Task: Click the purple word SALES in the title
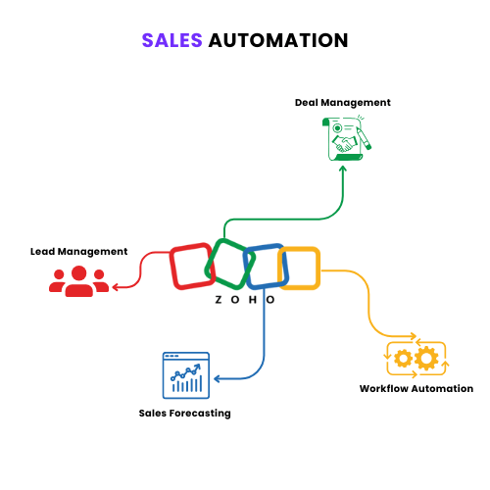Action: pyautogui.click(x=172, y=40)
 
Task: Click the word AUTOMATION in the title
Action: pyautogui.click(x=278, y=40)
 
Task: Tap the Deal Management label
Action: pyautogui.click(x=343, y=103)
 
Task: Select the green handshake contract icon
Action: pyautogui.click(x=346, y=138)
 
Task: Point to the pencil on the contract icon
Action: pyautogui.click(x=364, y=139)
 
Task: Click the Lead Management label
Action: pyautogui.click(x=78, y=252)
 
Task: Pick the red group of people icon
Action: pyautogui.click(x=79, y=281)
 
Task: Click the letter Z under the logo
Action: pyautogui.click(x=219, y=300)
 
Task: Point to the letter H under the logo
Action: pyautogui.click(x=253, y=300)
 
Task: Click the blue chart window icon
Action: pyautogui.click(x=186, y=375)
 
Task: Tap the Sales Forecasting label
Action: pyautogui.click(x=185, y=414)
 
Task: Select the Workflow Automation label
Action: pyautogui.click(x=416, y=389)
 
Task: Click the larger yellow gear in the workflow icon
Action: pyautogui.click(x=427, y=359)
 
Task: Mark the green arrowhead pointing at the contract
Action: pyautogui.click(x=343, y=169)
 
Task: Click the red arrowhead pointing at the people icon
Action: pyautogui.click(x=116, y=287)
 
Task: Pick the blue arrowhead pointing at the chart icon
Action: pyautogui.click(x=218, y=378)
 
